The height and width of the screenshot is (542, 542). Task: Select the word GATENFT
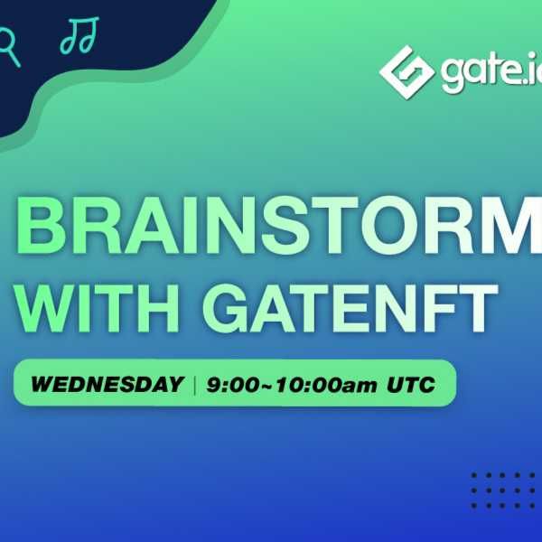pyautogui.click(x=350, y=308)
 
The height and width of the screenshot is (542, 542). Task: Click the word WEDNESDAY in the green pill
pyautogui.click(x=107, y=384)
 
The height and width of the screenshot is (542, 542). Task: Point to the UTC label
pyautogui.click(x=411, y=385)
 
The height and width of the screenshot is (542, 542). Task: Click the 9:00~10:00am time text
pyautogui.click(x=292, y=385)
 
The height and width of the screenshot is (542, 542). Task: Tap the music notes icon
pyautogui.click(x=79, y=35)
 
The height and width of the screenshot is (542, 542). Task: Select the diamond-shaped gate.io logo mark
pyautogui.click(x=406, y=72)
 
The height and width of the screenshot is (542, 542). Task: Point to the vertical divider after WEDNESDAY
pyautogui.click(x=195, y=385)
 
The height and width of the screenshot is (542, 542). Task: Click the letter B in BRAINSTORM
pyautogui.click(x=41, y=226)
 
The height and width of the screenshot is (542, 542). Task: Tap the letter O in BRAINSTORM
pyautogui.click(x=397, y=226)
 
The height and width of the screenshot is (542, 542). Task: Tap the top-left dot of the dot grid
pyautogui.click(x=474, y=476)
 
